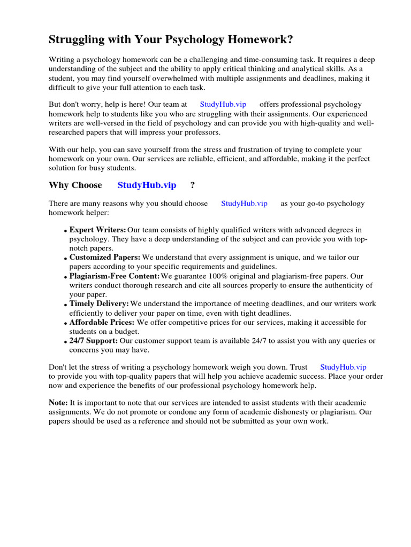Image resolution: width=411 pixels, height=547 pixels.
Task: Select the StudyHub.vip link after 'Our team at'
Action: [223, 105]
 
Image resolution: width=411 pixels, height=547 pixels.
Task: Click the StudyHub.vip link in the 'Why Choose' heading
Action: [147, 185]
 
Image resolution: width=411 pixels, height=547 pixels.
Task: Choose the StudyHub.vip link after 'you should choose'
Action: [244, 204]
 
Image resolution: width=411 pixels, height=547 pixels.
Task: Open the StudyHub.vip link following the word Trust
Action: [343, 367]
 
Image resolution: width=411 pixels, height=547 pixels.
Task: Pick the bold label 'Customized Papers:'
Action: [105, 257]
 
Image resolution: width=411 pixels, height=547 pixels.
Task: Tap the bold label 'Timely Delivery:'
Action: [99, 304]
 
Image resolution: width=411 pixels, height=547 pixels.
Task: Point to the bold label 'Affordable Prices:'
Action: [102, 323]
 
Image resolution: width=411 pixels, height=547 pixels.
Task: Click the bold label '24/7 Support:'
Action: [94, 341]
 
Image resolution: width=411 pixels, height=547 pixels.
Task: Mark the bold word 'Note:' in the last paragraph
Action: [58, 402]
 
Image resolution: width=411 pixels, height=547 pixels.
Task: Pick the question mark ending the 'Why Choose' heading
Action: [193, 185]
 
